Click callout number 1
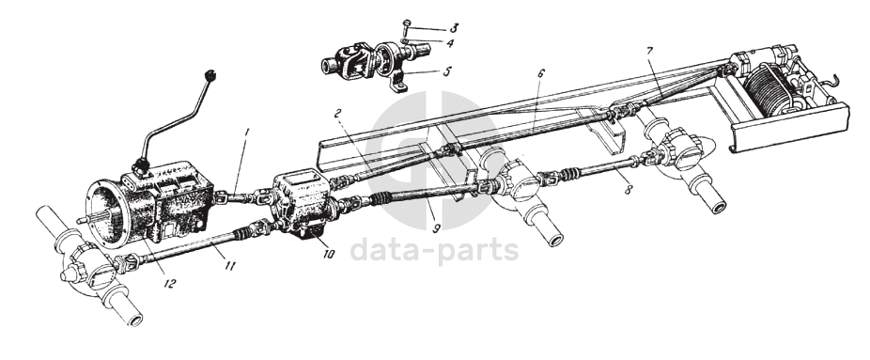click(247, 133)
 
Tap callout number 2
click(337, 115)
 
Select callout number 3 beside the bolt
click(454, 28)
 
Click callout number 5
click(447, 71)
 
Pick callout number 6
click(541, 73)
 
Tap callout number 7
click(649, 52)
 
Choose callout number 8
click(629, 189)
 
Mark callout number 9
click(437, 228)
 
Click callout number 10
click(329, 254)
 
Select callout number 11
click(229, 266)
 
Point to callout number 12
click(169, 284)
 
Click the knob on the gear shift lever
click(210, 74)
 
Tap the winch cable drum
click(768, 87)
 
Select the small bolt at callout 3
click(407, 26)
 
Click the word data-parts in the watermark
click(434, 250)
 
